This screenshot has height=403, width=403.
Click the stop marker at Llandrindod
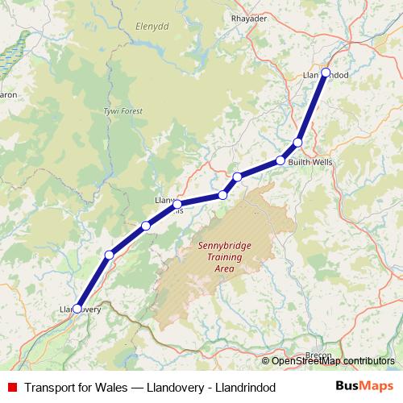pyautogui.click(x=326, y=73)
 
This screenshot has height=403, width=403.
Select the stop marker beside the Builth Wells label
pyautogui.click(x=280, y=160)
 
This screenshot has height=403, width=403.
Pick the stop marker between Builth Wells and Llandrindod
pyautogui.click(x=297, y=143)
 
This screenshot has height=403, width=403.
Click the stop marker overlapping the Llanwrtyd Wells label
pyautogui.click(x=177, y=204)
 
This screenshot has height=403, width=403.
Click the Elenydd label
pyautogui.click(x=149, y=25)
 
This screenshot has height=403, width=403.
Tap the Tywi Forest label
pyautogui.click(x=123, y=110)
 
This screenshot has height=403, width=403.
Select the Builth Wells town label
pyautogui.click(x=310, y=162)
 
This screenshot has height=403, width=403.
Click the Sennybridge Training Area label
pyautogui.click(x=220, y=257)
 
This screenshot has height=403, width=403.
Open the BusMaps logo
pyautogui.click(x=364, y=387)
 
